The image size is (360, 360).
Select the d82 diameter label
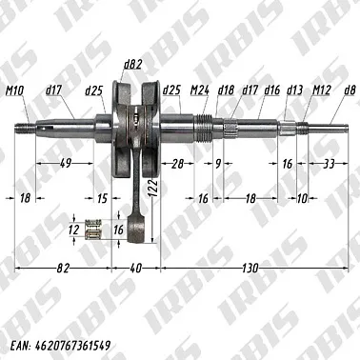tap(132, 65)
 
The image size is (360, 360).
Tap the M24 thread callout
tap(201, 90)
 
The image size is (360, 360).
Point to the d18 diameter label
tap(226, 90)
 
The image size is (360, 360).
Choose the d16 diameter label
tap(272, 90)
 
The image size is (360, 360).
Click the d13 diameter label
tap(295, 90)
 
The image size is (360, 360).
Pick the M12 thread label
tap(321, 90)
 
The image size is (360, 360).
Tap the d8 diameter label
tap(350, 90)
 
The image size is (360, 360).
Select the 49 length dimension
tap(66, 164)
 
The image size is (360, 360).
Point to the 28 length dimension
tap(177, 164)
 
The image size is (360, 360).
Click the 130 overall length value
tap(255, 270)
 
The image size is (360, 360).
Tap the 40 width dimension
tap(135, 270)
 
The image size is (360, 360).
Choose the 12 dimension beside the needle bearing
tap(73, 230)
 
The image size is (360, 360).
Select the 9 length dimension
tap(217, 164)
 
